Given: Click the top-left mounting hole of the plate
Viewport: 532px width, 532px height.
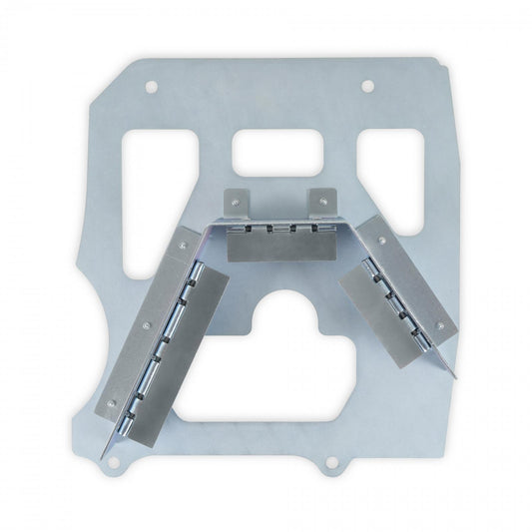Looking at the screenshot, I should point(151,87).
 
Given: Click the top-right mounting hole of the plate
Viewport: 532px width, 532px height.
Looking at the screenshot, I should point(367,86).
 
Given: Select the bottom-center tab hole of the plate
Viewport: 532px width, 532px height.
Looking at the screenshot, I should point(328,462).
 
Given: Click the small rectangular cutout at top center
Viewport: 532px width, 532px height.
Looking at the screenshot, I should point(276,153).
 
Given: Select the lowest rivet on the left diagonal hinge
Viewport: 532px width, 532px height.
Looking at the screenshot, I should point(111,404).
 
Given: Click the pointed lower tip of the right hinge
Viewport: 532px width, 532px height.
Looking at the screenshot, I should point(455,377).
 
